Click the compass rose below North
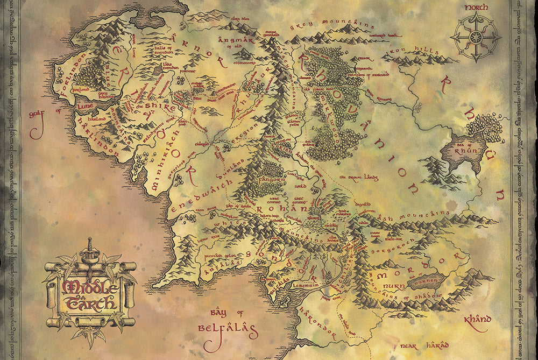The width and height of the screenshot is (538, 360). [x=476, y=37]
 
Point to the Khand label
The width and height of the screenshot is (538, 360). [x=478, y=320]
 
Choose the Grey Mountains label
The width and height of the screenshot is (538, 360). [x=332, y=25]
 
